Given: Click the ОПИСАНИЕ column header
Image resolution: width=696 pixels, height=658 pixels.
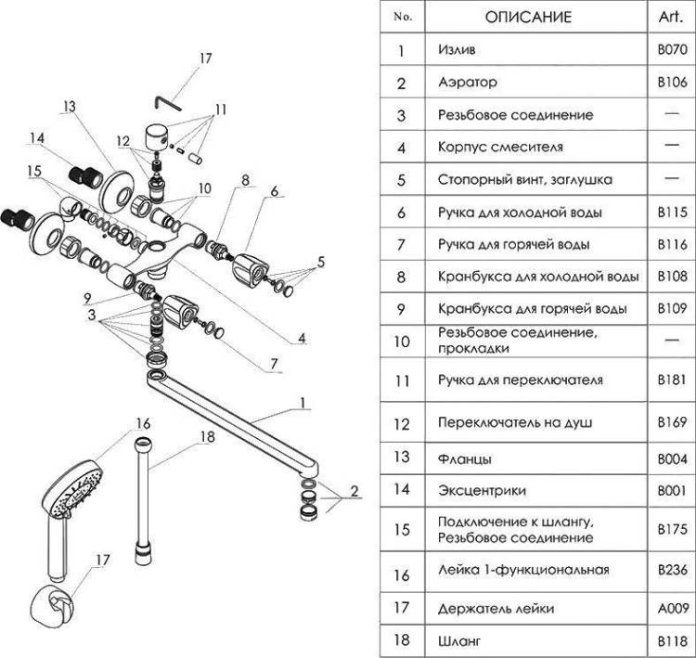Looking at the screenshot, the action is [x=528, y=18].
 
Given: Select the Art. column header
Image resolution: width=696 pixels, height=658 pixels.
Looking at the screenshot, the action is [x=671, y=17].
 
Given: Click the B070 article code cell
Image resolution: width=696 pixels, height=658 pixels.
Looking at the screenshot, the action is [x=672, y=49].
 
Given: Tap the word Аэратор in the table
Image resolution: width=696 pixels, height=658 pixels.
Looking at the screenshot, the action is [x=468, y=83].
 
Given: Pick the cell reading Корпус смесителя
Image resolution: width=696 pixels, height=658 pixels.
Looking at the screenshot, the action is [x=500, y=147].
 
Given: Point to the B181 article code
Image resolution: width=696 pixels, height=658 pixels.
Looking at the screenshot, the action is [x=672, y=380].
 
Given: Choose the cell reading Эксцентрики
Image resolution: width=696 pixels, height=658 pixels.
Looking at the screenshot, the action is [x=482, y=491].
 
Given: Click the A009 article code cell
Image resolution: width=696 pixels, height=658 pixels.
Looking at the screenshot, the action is [x=673, y=608].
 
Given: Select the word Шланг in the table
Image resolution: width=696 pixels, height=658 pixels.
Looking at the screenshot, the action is [x=459, y=640].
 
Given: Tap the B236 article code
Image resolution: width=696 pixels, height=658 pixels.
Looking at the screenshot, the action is [x=672, y=569].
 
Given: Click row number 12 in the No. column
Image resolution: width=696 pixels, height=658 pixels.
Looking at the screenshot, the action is [x=402, y=423].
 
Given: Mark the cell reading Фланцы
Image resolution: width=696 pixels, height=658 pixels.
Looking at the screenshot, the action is [x=465, y=458].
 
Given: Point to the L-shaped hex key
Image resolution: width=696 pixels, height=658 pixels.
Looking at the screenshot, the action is [x=168, y=104].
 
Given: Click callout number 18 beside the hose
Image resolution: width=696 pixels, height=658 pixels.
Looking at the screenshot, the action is [x=207, y=437].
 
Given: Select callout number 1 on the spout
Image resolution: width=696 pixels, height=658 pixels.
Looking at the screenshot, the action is [x=303, y=403].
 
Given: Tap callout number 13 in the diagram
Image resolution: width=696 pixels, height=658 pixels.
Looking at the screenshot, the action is [x=70, y=107].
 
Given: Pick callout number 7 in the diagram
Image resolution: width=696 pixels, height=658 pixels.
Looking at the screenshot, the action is [x=274, y=364].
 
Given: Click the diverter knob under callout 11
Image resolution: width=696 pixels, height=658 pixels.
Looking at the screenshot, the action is [x=157, y=137].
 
